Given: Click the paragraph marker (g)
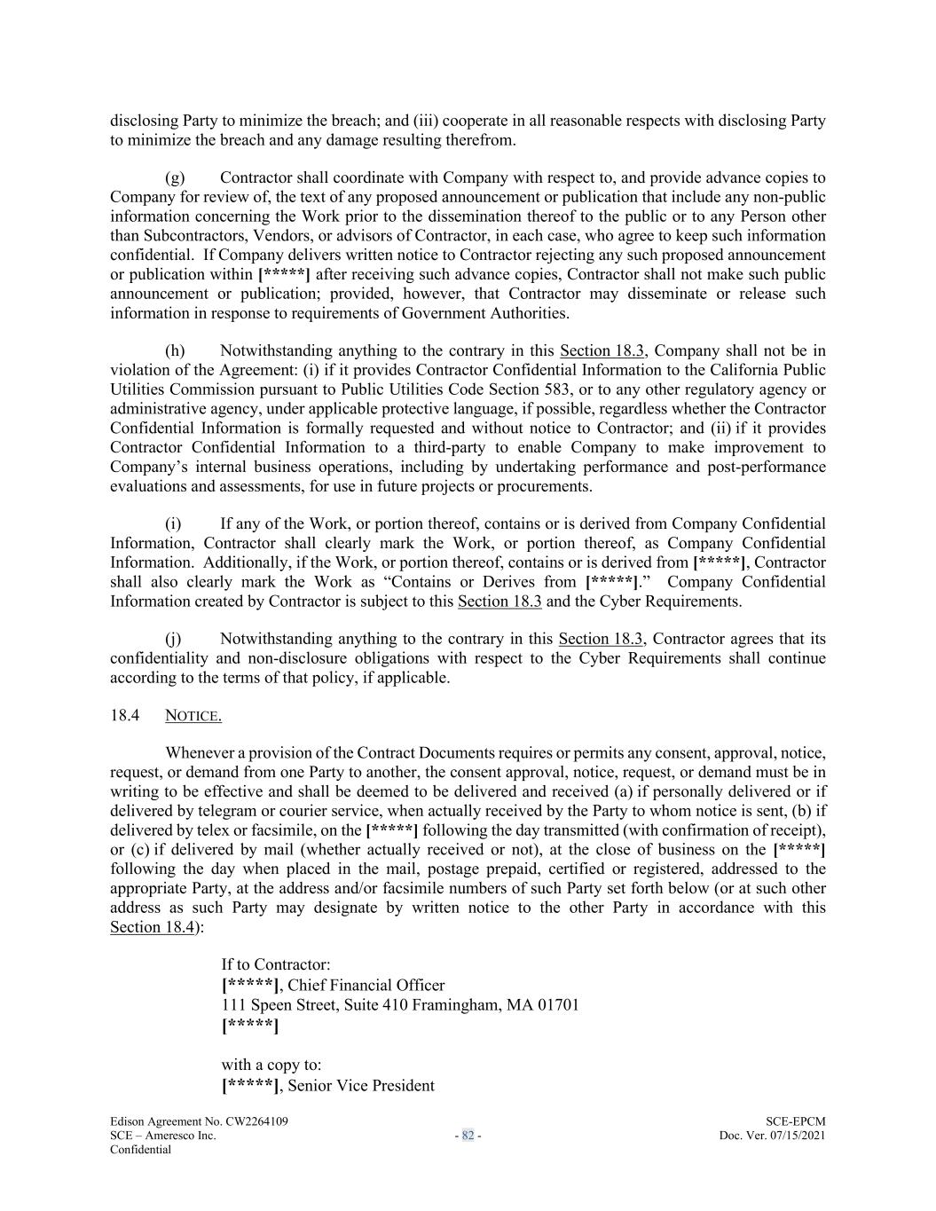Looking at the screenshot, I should coord(175,177).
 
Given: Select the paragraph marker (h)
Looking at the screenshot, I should coord(175,350).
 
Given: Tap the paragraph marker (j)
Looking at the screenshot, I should coord(174,639).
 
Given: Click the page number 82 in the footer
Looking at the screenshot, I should coord(468,1136).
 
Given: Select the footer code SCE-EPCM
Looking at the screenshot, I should coord(795,1121).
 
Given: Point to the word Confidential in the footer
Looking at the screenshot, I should coord(140,1150).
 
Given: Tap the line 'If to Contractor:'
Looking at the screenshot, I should coord(276,964).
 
